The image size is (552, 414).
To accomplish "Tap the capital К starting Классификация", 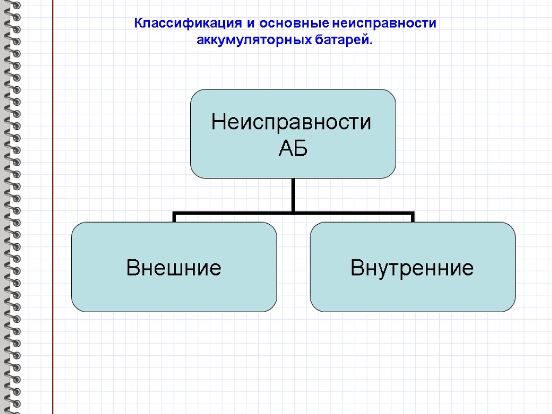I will point(138,24).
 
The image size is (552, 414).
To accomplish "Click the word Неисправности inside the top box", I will point(292,122).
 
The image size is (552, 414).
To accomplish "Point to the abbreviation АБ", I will point(293,149).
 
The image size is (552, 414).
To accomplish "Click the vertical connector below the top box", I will point(293,194).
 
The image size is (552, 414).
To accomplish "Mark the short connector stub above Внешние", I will point(174,217).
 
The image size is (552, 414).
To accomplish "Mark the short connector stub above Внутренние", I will point(412,217).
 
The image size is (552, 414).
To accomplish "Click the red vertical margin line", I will point(53,216).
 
